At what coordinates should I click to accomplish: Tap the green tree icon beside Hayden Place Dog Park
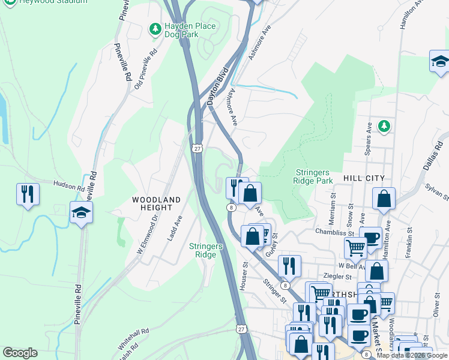pyautogui.click(x=155, y=28)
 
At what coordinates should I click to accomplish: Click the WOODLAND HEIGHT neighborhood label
pyautogui.click(x=156, y=202)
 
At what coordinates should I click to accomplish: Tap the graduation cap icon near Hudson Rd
pyautogui.click(x=81, y=212)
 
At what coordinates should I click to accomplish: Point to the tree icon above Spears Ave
pyautogui.click(x=384, y=126)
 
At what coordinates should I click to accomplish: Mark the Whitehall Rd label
pyautogui.click(x=133, y=340)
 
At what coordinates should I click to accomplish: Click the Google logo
pyautogui.click(x=20, y=353)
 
